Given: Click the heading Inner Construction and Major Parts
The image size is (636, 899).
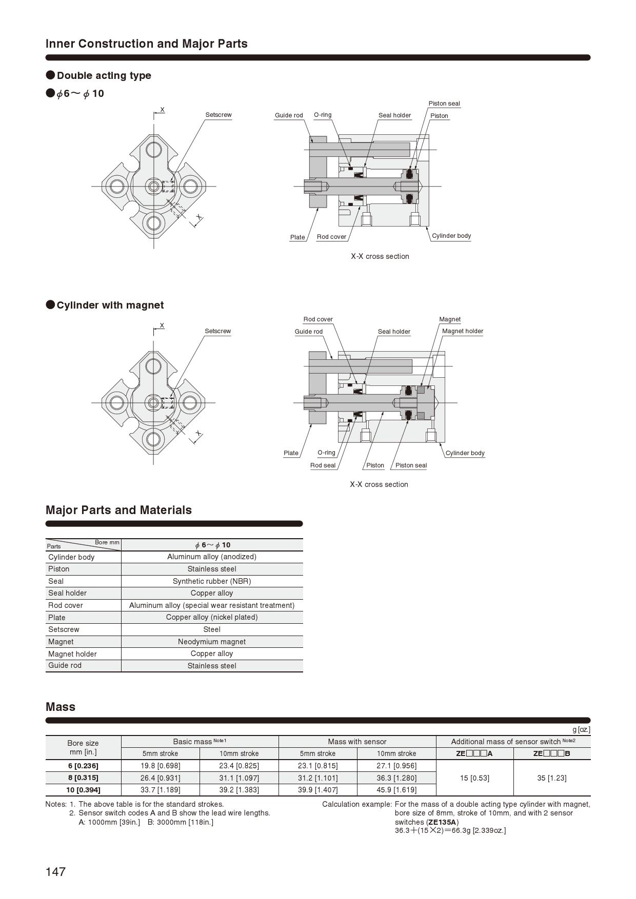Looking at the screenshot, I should [x=147, y=44].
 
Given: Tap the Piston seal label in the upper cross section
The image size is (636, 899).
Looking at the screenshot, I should [x=444, y=104].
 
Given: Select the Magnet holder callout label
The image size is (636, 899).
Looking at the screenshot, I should [x=462, y=331].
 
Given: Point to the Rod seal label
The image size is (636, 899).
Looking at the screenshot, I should [x=323, y=465].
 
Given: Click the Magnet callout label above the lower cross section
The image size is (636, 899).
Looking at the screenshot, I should [x=450, y=319].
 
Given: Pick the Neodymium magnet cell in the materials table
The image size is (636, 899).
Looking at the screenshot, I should [x=212, y=642].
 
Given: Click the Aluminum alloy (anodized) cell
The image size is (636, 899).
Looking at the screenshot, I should [x=212, y=557].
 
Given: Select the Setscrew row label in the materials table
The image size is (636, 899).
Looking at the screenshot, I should [x=64, y=629].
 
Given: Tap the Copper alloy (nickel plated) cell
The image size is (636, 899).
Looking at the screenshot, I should [x=212, y=617].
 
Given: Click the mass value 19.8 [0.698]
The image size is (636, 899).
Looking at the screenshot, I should [x=160, y=766].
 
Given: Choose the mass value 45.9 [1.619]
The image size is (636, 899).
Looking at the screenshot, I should [x=396, y=790].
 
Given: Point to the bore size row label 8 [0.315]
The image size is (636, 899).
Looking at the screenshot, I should [x=83, y=778].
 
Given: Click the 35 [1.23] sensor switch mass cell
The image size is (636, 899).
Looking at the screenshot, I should [x=551, y=778].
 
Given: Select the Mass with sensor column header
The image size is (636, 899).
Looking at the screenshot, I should [x=357, y=742].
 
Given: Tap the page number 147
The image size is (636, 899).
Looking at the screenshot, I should [x=55, y=872].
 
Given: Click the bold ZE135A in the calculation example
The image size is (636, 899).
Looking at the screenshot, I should [x=442, y=822].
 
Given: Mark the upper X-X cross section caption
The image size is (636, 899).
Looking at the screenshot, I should [x=380, y=256].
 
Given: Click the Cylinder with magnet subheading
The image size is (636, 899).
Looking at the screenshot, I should [x=110, y=305].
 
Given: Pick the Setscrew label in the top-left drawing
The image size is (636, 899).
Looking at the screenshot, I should [x=218, y=115].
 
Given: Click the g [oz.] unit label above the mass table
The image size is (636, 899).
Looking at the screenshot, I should [x=581, y=729].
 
